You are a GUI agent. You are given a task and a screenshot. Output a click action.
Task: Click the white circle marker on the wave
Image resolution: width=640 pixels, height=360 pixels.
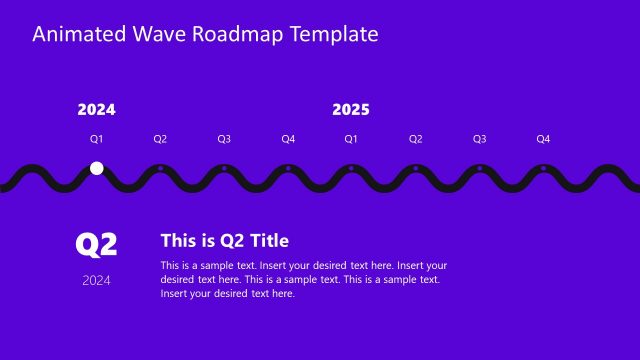(97, 168)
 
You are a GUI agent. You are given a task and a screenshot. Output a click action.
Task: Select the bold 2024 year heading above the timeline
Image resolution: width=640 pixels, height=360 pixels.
(96, 110)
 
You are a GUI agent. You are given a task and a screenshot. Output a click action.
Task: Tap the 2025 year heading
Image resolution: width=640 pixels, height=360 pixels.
(351, 110)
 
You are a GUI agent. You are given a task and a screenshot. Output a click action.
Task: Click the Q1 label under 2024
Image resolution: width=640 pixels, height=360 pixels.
(97, 139)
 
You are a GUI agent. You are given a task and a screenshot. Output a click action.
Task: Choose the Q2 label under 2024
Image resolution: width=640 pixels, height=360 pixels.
(160, 139)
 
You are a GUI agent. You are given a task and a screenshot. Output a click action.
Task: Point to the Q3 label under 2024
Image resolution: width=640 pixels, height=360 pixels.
(224, 139)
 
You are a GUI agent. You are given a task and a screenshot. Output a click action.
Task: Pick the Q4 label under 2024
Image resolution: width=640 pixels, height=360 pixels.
(288, 139)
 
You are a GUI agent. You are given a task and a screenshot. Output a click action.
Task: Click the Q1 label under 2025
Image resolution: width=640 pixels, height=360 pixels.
(351, 139)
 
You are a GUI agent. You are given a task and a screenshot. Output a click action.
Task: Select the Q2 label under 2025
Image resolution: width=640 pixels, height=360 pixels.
(415, 139)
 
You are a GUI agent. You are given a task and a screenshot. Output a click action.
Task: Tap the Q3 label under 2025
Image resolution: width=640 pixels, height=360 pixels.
(479, 139)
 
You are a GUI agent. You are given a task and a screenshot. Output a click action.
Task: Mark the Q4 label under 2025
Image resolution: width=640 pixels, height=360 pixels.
(543, 139)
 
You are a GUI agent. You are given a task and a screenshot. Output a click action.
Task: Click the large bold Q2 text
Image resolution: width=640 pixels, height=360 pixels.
(97, 244)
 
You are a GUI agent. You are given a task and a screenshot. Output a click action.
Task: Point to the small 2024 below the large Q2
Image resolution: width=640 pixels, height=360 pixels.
(97, 280)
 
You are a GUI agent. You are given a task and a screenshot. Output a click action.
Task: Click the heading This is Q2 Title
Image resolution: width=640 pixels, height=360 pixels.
(225, 240)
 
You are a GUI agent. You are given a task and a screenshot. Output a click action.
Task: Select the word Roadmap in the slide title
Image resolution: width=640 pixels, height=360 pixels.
(239, 34)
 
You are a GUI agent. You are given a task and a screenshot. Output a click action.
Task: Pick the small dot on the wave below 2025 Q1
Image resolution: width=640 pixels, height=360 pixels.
(351, 168)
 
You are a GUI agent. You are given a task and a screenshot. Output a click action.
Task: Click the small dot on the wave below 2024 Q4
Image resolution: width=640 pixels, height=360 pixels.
(288, 168)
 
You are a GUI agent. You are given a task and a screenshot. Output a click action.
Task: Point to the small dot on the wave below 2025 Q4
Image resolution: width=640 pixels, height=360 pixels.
(543, 168)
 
